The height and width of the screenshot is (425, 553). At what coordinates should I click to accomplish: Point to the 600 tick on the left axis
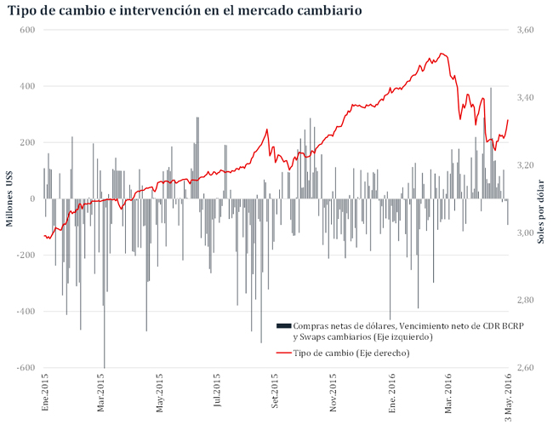[26, 30]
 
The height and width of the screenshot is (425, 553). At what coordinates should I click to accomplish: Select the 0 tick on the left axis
[31, 199]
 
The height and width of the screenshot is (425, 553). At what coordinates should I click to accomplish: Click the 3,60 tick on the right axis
[526, 30]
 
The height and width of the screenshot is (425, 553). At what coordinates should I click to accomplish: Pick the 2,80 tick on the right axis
[526, 300]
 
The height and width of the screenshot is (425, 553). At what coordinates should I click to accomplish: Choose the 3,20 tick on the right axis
[526, 165]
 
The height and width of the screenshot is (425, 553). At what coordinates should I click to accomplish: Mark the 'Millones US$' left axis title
[10, 199]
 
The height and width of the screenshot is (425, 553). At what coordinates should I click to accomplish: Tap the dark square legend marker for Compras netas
[283, 326]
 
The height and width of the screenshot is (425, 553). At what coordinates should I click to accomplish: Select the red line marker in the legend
[283, 352]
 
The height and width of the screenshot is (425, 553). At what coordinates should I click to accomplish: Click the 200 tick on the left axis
[26, 143]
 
